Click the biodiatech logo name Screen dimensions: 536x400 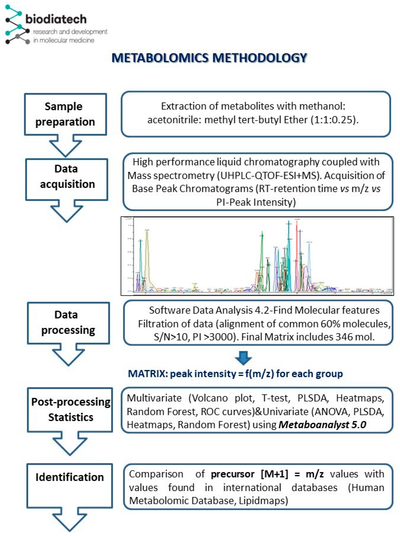coord(56,19)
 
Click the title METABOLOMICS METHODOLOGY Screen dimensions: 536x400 coord(209,58)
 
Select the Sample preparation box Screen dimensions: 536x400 coord(65,114)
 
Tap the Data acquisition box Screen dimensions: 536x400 coord(67,179)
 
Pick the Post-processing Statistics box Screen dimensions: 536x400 coord(70,409)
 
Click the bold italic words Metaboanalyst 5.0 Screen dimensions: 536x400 coord(322,425)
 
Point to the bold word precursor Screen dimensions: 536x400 coord(233,474)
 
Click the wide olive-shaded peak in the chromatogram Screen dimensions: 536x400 coord(147,256)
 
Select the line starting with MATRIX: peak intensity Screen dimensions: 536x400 coord(235,374)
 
